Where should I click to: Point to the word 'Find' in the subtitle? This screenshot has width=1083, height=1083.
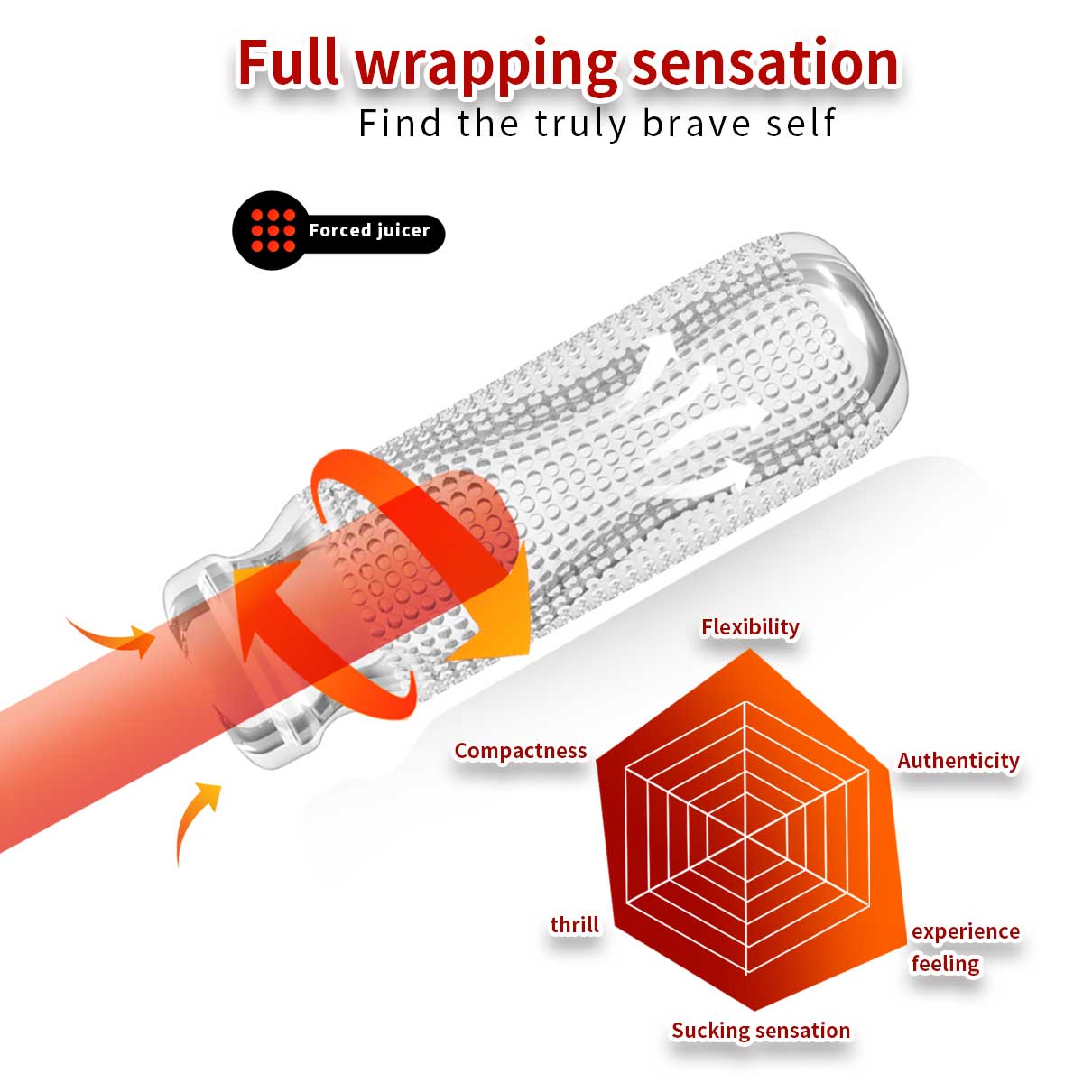pos(400,123)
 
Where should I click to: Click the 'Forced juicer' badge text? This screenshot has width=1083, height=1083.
pos(369,230)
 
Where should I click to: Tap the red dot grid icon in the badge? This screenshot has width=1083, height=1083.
pos(273,230)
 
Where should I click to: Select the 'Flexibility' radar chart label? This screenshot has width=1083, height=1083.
pos(750,626)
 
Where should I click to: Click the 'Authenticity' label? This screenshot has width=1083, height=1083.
pos(958,761)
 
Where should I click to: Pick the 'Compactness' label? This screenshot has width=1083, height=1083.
pos(520,751)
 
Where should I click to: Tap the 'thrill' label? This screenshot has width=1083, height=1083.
pos(575,924)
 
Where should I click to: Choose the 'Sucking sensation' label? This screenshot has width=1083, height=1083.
pos(760,1030)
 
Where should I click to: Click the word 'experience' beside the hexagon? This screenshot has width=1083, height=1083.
pos(965,931)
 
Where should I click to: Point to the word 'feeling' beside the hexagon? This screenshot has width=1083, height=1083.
pos(945,964)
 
